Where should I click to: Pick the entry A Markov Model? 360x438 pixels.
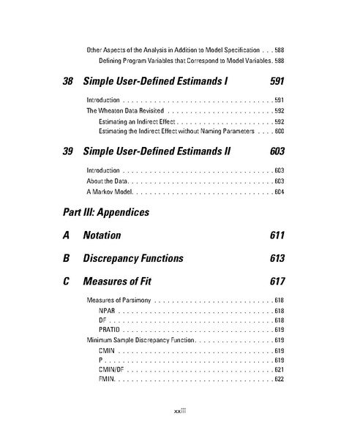(110, 192)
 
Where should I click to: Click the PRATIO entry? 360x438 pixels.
(110, 330)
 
